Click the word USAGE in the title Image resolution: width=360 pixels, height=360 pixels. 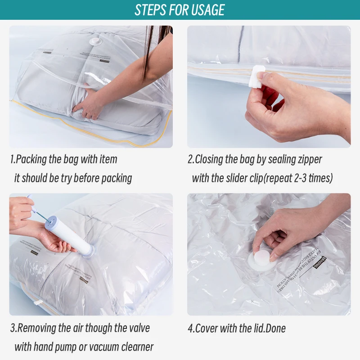(204, 10)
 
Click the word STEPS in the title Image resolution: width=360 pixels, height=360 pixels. (151, 10)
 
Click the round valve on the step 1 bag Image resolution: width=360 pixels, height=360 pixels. (94, 41)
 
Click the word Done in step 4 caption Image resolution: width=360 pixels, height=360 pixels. (275, 328)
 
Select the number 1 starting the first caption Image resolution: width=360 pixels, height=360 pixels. (12, 159)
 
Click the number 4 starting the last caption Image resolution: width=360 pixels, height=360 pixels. (190, 328)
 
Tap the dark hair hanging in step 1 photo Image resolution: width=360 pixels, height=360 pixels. (148, 49)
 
